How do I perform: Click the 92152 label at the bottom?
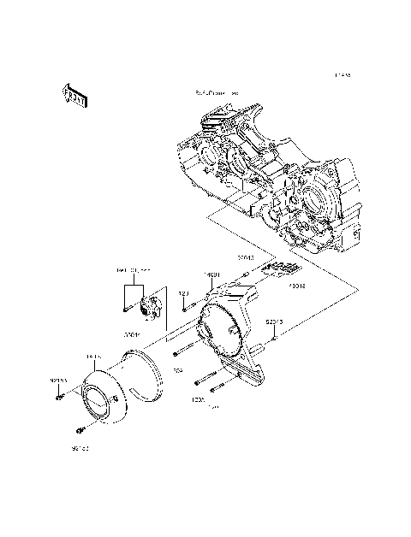(80, 446)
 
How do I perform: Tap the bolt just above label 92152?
(80, 428)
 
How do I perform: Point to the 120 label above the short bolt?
(182, 293)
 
